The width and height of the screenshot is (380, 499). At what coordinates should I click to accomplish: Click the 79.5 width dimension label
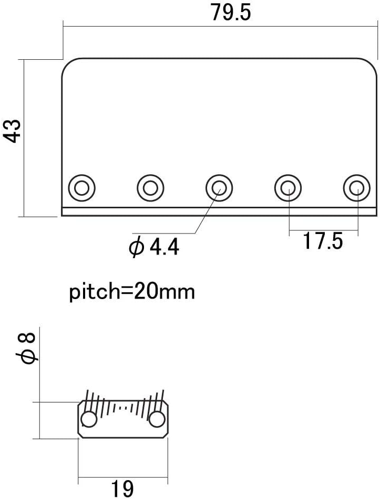coord(231,13)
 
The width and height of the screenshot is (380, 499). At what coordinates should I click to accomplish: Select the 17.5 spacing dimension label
coord(322,242)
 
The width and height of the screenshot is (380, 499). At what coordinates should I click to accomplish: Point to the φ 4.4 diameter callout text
coord(155,247)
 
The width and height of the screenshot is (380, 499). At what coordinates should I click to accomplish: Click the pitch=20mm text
coord(132,291)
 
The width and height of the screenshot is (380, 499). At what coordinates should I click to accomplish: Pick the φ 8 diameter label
coord(28,349)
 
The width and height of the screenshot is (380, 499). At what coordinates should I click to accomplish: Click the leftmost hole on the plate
coord(82,187)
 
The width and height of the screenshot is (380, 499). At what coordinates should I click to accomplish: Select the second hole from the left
coord(150,187)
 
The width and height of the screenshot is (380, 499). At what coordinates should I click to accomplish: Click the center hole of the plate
coord(219,187)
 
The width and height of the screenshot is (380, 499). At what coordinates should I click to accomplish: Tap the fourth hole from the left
coord(288,187)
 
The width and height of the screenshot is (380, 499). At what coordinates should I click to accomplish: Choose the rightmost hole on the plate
coord(356,187)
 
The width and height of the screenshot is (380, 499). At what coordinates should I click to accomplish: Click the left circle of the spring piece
coord(89,420)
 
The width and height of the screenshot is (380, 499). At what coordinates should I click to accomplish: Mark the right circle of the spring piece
coord(156,420)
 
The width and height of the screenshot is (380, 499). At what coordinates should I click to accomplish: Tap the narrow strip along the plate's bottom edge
coord(219,211)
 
